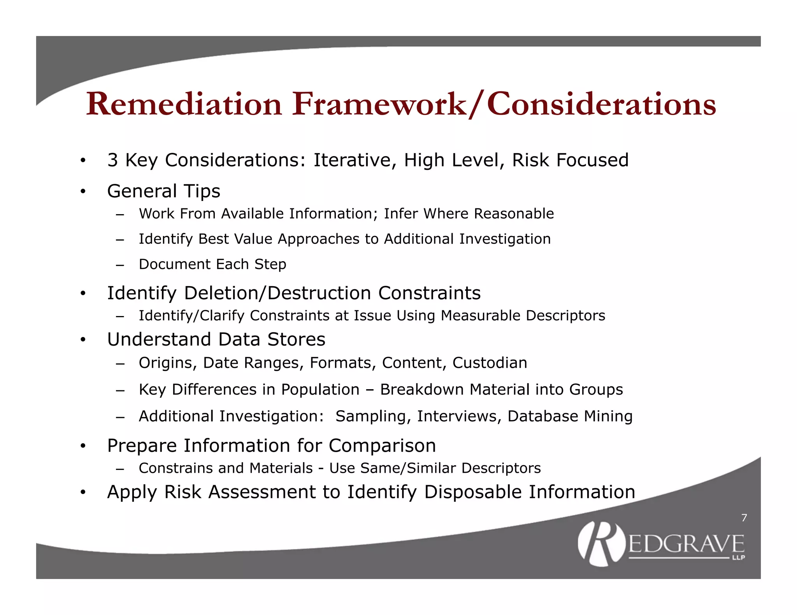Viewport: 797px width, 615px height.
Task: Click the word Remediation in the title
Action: (184, 104)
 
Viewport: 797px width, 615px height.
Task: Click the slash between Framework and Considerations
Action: (476, 104)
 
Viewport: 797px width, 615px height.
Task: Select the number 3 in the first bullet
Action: (112, 160)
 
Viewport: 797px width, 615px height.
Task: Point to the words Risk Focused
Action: (570, 160)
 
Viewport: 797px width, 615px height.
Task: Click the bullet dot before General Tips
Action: (83, 191)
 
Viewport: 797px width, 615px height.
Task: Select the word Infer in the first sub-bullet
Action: (401, 214)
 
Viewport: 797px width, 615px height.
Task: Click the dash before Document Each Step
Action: (120, 265)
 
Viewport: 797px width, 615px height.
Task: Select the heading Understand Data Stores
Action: (216, 339)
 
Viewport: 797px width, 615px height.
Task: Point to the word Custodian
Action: (490, 363)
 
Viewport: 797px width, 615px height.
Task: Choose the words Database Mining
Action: (570, 416)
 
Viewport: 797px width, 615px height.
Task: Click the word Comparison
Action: (382, 446)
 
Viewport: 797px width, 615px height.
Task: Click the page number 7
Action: (744, 518)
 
